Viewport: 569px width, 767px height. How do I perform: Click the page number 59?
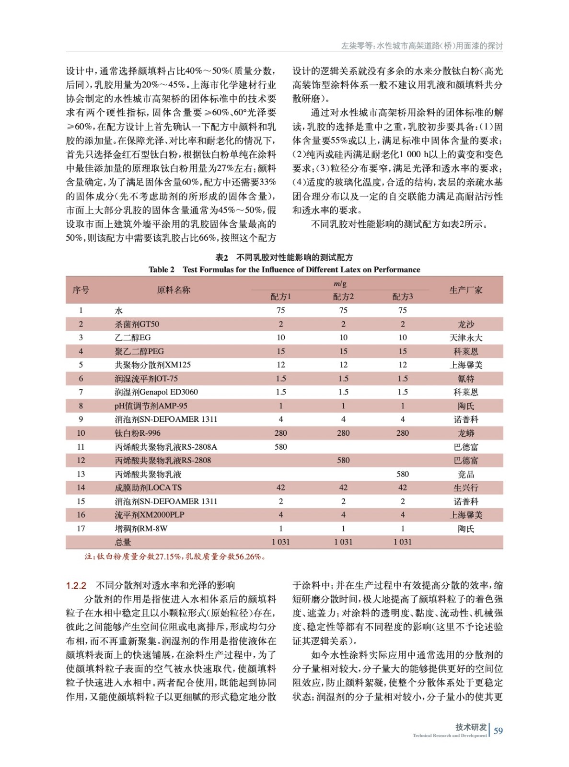click(x=498, y=731)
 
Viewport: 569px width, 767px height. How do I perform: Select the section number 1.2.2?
click(x=76, y=585)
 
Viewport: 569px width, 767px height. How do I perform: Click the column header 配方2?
click(x=343, y=297)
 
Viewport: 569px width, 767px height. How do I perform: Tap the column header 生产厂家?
click(x=465, y=290)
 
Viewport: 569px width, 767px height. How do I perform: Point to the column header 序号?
click(x=81, y=290)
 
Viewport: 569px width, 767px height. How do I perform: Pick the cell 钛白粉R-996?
click(x=138, y=433)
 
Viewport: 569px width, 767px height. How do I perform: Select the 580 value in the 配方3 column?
click(x=402, y=474)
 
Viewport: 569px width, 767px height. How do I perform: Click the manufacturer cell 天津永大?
click(x=465, y=337)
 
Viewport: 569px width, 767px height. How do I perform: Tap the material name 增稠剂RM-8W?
click(x=141, y=528)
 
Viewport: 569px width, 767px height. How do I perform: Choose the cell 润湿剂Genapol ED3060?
click(x=156, y=392)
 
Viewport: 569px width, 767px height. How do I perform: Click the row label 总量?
click(x=123, y=542)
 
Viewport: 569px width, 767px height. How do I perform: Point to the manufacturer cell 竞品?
click(x=465, y=474)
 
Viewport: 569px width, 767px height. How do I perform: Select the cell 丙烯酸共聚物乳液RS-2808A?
click(x=165, y=447)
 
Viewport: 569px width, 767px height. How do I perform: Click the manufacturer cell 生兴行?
click(x=465, y=488)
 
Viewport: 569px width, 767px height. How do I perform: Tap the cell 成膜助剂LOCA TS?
click(x=148, y=488)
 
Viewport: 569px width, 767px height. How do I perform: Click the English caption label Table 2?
click(x=162, y=269)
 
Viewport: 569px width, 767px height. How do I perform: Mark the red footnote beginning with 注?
click(x=175, y=557)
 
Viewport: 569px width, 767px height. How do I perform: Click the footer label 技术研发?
click(x=471, y=727)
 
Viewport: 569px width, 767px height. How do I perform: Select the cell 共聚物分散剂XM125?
click(x=152, y=365)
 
